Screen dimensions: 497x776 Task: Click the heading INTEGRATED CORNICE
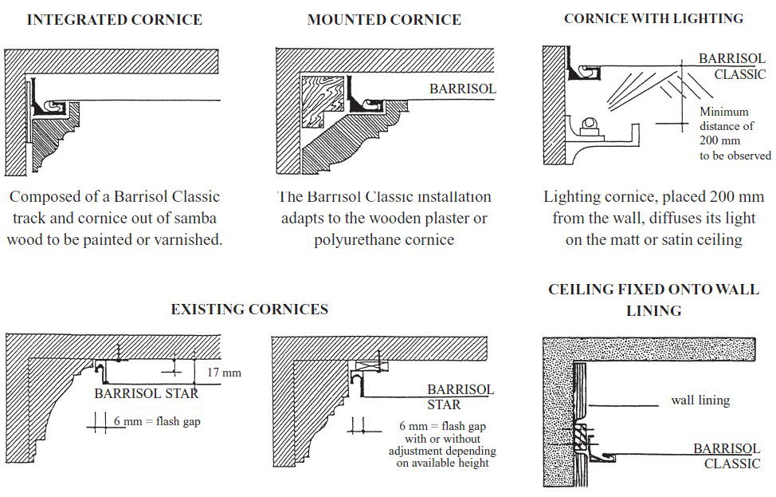(114, 20)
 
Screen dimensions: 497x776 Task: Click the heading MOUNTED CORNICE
(384, 20)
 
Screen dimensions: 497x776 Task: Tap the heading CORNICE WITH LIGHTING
(653, 18)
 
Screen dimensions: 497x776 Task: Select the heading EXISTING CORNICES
(249, 309)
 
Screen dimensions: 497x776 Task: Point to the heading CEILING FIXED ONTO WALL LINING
(653, 300)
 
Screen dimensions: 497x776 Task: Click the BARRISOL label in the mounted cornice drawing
(462, 89)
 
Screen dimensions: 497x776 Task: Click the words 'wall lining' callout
(700, 400)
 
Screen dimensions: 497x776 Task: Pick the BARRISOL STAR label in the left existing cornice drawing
(146, 392)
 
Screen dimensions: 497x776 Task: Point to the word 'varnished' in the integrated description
(190, 239)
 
